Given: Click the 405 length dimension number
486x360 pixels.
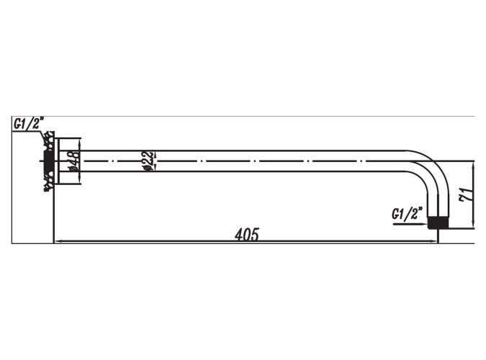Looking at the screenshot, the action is coord(246,235).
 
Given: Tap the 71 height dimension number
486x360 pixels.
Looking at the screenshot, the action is coord(467,194).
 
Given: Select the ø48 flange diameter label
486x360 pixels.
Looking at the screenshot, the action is coord(73,161).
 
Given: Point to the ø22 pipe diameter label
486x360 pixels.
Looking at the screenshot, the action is coord(148,161).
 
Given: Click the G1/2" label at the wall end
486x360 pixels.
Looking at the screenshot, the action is coord(29,123).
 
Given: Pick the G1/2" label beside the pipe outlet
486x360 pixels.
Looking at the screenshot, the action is coord(407,214).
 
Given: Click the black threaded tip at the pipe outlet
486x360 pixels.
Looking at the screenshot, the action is coord(438,222).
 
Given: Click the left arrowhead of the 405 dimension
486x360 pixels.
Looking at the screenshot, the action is coord(58,240).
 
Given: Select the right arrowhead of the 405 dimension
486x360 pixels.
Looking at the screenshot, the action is coord(434,240).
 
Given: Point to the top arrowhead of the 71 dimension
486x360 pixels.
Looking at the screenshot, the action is coord(472,165).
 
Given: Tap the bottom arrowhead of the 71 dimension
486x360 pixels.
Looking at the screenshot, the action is coord(472,225).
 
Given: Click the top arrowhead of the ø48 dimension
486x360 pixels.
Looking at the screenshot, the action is coord(80,142).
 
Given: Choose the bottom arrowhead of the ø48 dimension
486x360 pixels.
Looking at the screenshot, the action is coord(80,180).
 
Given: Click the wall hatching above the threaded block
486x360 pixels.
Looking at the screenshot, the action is coord(49,141).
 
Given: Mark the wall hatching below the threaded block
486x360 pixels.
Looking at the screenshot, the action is coord(49,182).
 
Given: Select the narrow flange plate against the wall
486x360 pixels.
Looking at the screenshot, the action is coord(56,161).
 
